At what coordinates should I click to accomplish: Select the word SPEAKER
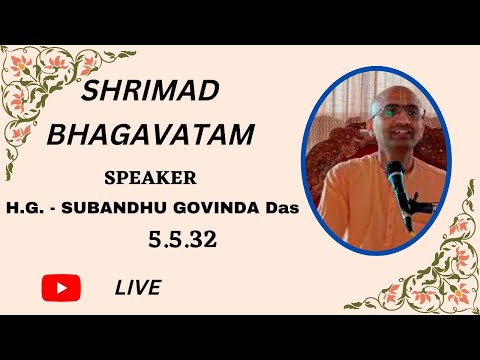[x=150, y=178]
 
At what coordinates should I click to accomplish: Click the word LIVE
[x=138, y=288]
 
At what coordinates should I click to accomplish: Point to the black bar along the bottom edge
[x=240, y=337]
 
